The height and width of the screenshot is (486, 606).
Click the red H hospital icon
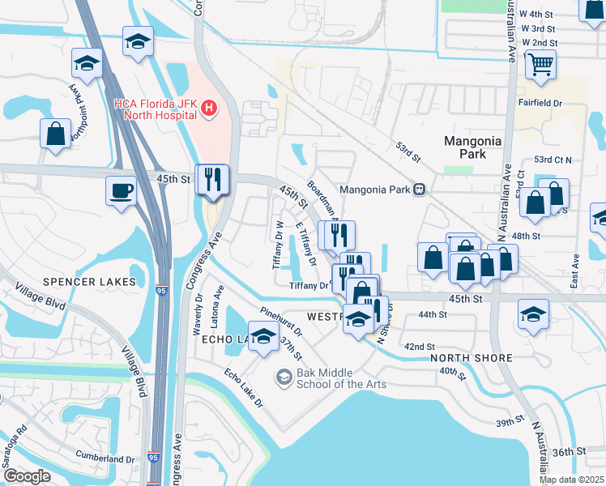click(x=209, y=108)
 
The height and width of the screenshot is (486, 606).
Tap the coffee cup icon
click(x=122, y=191)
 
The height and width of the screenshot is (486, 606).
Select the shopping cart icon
click(x=540, y=63)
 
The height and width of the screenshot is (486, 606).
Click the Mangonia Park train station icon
click(x=419, y=190)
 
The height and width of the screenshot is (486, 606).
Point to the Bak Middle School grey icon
click(x=284, y=377)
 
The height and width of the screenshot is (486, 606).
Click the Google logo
click(x=28, y=475)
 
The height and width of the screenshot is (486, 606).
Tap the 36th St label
click(x=569, y=451)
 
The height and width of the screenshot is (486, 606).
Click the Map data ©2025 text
click(x=571, y=480)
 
